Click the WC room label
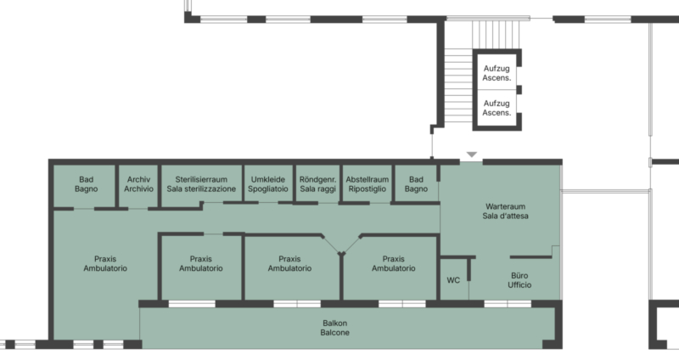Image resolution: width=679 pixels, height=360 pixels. pyautogui.click(x=453, y=280)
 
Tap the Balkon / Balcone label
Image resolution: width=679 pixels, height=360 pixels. pyautogui.click(x=335, y=328)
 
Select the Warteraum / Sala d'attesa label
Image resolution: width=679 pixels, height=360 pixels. pyautogui.click(x=505, y=211)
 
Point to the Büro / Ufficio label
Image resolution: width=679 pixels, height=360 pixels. pyautogui.click(x=519, y=280)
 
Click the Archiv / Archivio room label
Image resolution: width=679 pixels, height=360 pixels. pyautogui.click(x=138, y=184)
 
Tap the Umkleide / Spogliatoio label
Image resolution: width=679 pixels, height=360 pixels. pyautogui.click(x=268, y=184)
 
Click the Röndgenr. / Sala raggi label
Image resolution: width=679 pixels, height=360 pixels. pyautogui.click(x=317, y=184)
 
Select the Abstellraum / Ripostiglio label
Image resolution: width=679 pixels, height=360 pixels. pyautogui.click(x=368, y=184)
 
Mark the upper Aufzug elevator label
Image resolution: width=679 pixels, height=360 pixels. pyautogui.click(x=497, y=73)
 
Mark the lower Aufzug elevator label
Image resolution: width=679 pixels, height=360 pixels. pyautogui.click(x=497, y=108)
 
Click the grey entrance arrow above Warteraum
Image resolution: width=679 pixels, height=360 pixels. pyautogui.click(x=472, y=155)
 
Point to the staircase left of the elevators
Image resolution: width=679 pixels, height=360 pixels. pyautogui.click(x=458, y=86)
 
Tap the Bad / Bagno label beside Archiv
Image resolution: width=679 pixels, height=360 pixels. pyautogui.click(x=87, y=184)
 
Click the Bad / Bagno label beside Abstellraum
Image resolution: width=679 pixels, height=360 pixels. pyautogui.click(x=416, y=184)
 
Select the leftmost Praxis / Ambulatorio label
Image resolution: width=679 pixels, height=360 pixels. pyautogui.click(x=105, y=263)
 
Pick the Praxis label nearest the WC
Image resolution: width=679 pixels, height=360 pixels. pyautogui.click(x=394, y=263)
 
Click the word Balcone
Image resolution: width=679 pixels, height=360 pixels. pyautogui.click(x=335, y=333)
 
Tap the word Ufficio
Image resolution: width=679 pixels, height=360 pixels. pyautogui.click(x=519, y=285)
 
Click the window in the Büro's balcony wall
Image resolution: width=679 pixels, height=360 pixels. pyautogui.click(x=508, y=304)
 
